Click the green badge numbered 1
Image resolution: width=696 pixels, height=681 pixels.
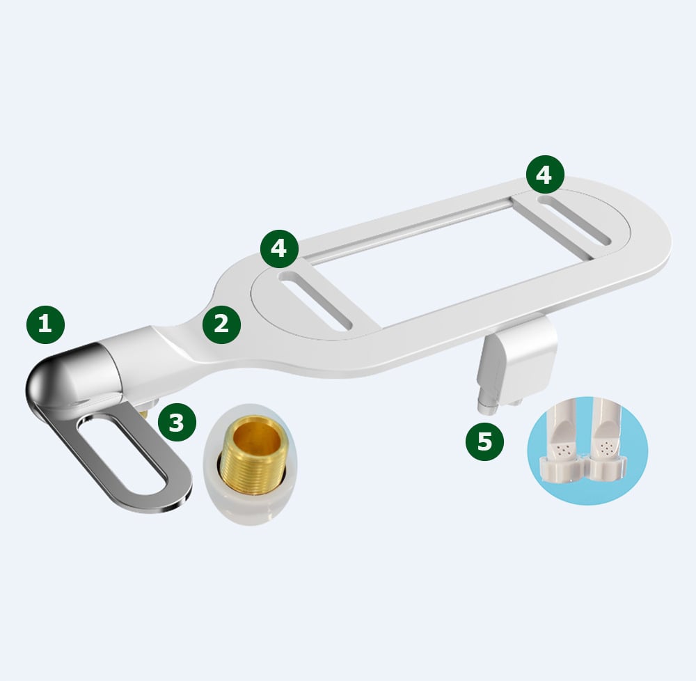click(x=45, y=324)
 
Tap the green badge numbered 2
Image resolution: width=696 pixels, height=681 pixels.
click(x=221, y=324)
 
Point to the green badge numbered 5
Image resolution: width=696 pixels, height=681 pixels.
click(x=484, y=441)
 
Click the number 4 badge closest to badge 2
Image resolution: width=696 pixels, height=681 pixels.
click(x=279, y=249)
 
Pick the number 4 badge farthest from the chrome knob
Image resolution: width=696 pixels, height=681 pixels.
click(x=544, y=175)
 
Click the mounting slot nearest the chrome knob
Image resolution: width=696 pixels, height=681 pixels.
click(x=317, y=301)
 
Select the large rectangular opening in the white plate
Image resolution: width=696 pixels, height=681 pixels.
click(x=432, y=261)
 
